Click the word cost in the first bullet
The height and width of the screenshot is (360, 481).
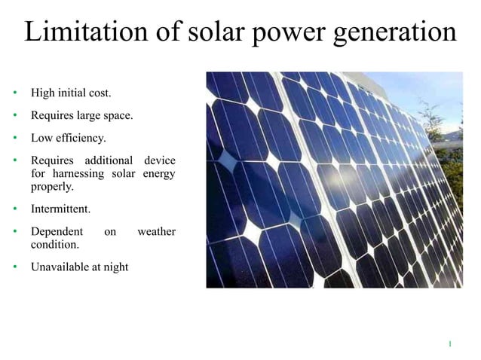tap(100, 93)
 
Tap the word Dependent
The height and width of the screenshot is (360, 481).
tap(55, 232)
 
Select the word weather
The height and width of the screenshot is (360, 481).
tap(156, 232)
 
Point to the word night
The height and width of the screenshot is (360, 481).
tap(115, 267)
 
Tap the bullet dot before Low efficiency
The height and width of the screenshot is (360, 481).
tap(14, 139)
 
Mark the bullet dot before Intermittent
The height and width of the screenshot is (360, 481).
tap(14, 209)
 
